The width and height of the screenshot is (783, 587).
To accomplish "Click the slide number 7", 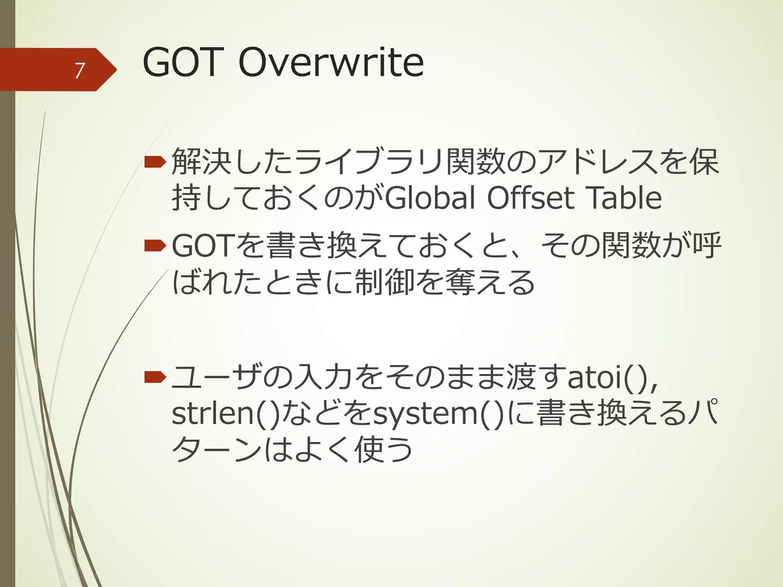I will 79,71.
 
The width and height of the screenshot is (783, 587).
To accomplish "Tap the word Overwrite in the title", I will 331,62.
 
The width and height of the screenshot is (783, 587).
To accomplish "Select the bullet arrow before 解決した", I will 155,163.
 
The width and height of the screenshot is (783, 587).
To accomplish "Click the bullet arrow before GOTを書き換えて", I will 155,246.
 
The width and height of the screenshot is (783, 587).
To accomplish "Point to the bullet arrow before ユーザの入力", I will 155,378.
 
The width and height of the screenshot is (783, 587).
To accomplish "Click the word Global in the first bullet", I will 430,198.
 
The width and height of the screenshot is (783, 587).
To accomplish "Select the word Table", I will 623,198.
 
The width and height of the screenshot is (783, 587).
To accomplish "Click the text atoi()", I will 612,378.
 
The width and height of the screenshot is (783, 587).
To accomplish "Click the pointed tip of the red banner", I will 115,70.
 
